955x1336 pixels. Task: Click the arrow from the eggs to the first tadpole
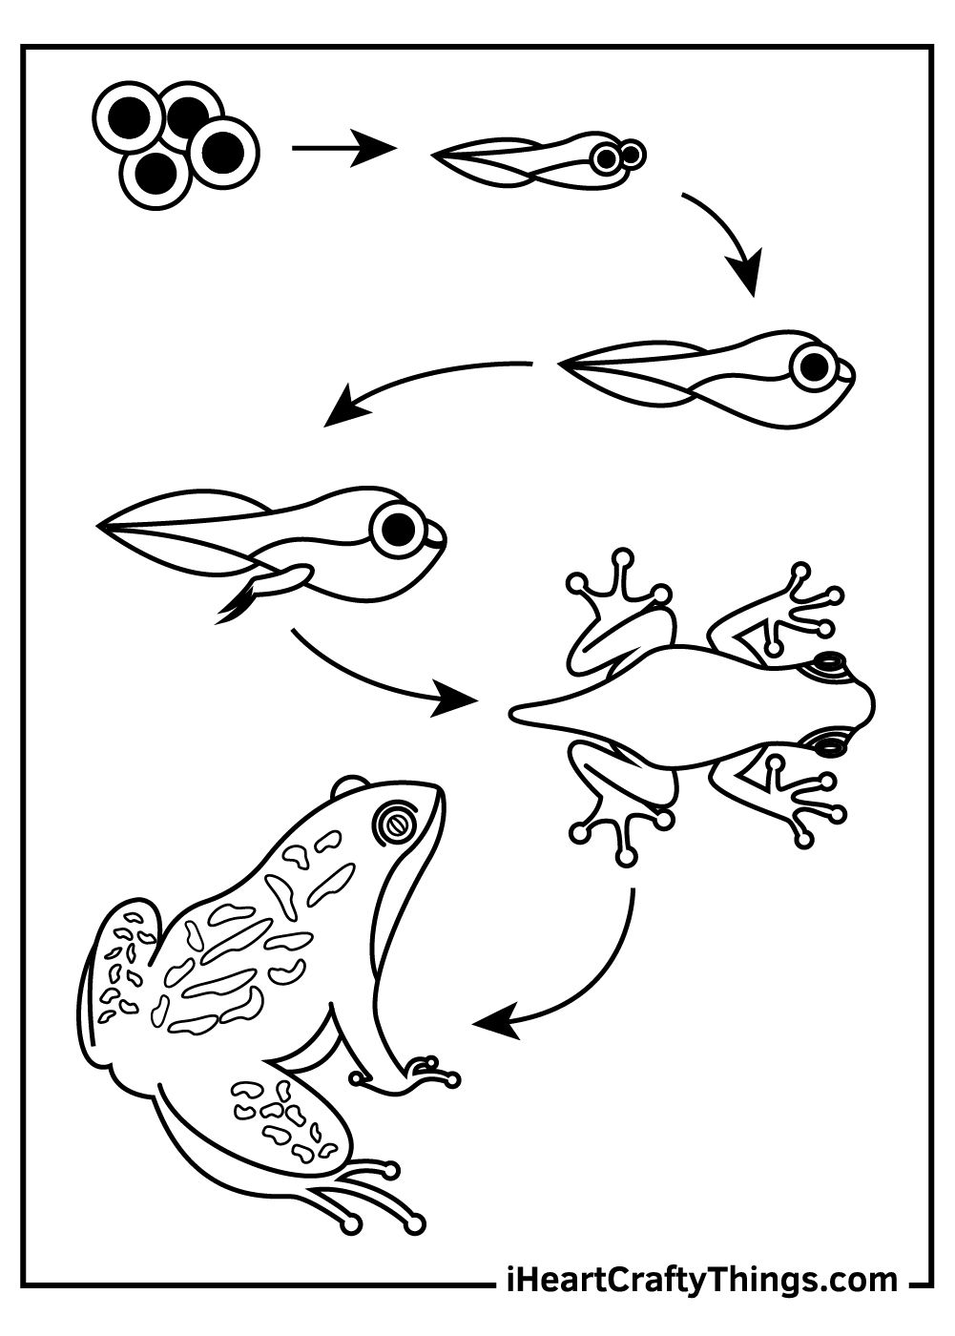pos(344,148)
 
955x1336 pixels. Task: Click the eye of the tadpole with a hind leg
pos(398,528)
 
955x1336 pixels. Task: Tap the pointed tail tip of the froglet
pos(511,712)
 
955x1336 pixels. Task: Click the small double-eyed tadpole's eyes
pos(618,157)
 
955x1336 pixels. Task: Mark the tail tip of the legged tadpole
pos(99,526)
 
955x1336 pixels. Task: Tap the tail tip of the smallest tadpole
pos(434,155)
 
